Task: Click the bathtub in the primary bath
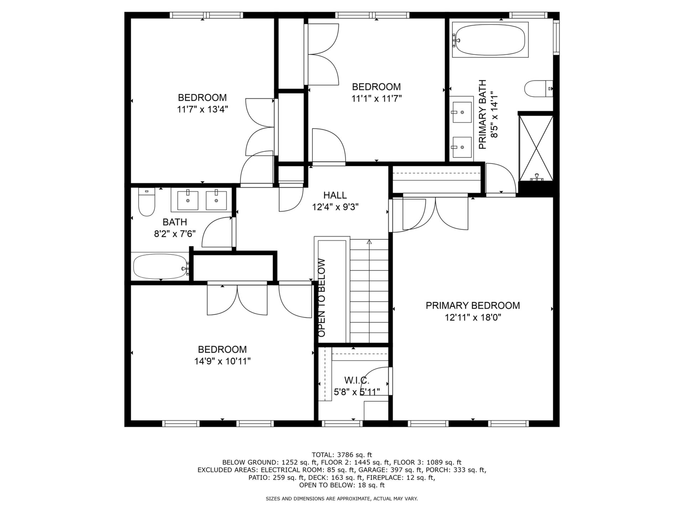point(490,40)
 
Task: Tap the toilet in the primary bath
point(539,89)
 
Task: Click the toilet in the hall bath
point(146,202)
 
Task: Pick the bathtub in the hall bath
point(160,266)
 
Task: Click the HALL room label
point(335,195)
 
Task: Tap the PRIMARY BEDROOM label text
point(473,306)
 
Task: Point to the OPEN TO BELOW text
point(322,298)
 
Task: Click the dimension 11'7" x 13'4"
point(202,109)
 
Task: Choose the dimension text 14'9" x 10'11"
point(222,361)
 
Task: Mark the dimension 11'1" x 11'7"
point(377,98)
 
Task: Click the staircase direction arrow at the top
point(369,242)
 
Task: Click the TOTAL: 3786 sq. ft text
point(342,455)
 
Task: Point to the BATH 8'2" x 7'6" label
point(175,228)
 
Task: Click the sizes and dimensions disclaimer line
point(342,499)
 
